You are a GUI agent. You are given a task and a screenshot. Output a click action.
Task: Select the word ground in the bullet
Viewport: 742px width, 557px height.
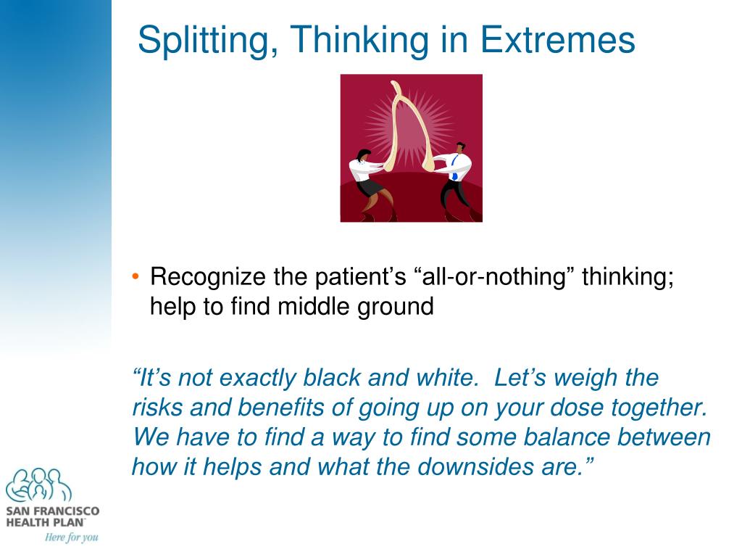coord(395,307)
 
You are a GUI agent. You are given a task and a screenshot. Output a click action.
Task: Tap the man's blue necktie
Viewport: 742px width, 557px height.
coord(454,170)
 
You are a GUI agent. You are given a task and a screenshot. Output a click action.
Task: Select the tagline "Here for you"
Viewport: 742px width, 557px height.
coord(71,537)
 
